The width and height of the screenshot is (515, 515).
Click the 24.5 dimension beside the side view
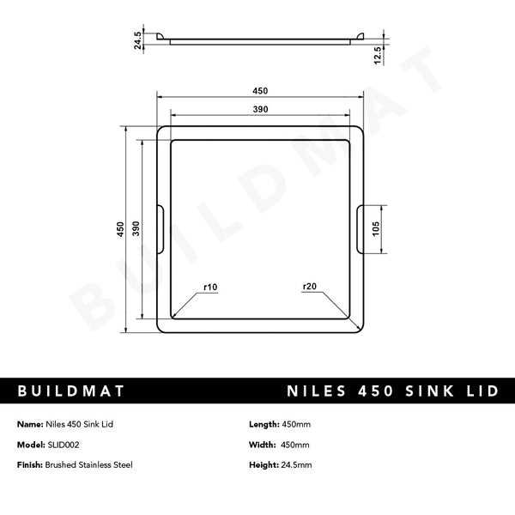(136, 39)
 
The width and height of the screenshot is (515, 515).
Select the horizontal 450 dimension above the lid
(260, 91)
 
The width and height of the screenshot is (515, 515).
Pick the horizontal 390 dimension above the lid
(260, 109)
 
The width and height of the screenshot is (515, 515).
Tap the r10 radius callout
(210, 286)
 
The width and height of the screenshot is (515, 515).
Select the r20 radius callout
(309, 286)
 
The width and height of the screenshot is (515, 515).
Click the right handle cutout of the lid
(360, 228)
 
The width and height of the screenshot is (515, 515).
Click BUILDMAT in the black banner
(71, 391)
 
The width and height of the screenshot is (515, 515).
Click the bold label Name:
(28, 425)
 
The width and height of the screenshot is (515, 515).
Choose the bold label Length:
(263, 425)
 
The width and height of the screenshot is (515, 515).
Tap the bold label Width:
(261, 445)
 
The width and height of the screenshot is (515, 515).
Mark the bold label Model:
(29, 445)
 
